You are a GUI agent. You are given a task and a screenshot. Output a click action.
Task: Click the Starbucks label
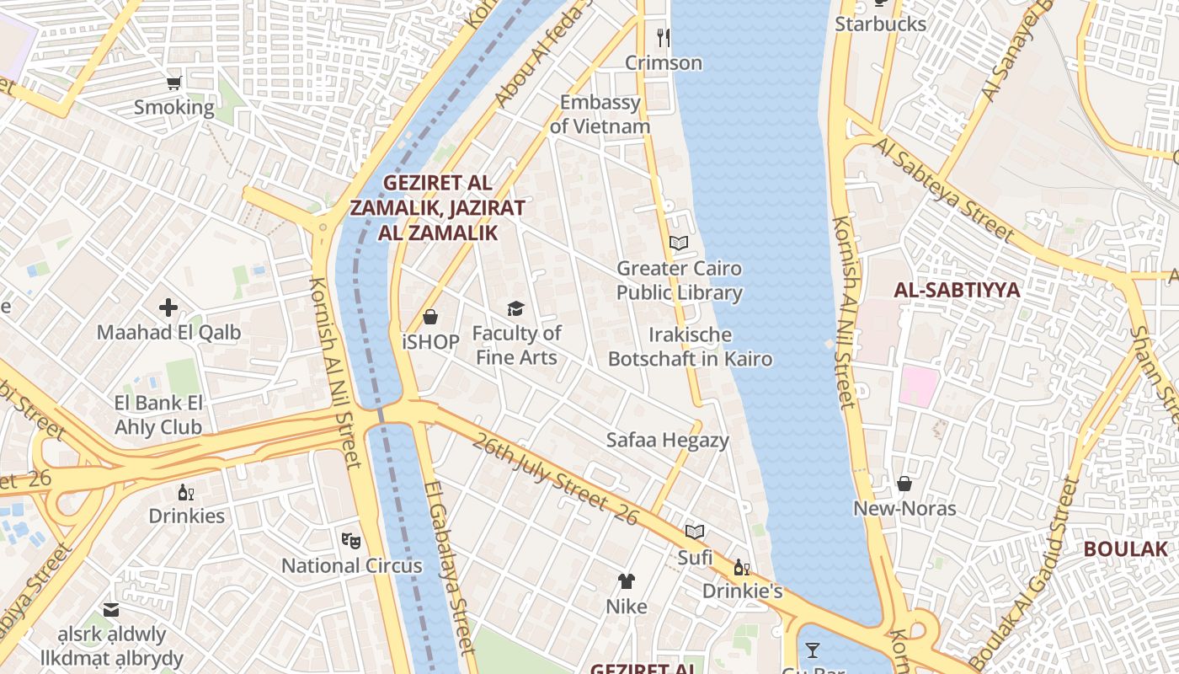click(x=880, y=24)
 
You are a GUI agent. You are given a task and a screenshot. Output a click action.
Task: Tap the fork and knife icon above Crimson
click(x=664, y=37)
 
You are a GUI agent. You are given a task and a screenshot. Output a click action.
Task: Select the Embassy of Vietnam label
click(x=600, y=115)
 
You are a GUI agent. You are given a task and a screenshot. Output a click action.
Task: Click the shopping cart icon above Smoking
click(x=174, y=83)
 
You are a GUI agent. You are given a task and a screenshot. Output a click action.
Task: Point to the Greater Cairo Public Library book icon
click(x=679, y=243)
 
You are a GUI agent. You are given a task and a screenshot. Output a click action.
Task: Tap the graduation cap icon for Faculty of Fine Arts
click(x=515, y=308)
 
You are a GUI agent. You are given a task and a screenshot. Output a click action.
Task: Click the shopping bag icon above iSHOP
click(x=430, y=317)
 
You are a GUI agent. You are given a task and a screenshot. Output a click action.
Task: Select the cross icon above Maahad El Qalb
click(x=168, y=308)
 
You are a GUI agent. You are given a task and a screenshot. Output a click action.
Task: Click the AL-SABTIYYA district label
click(x=956, y=291)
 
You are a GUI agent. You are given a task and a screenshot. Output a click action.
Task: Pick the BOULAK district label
click(x=1125, y=549)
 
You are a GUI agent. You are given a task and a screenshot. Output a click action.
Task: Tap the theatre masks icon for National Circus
click(x=351, y=539)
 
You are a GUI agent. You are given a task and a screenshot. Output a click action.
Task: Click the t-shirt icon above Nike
click(x=627, y=580)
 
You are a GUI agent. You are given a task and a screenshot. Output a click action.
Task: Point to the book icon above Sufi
click(x=695, y=532)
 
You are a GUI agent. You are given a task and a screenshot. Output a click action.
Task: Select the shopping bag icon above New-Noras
click(x=904, y=484)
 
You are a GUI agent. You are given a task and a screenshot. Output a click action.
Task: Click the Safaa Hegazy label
click(x=668, y=440)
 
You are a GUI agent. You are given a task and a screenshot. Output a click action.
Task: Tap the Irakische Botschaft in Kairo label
click(x=690, y=347)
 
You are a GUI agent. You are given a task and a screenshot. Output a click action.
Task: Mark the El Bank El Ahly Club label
click(x=158, y=415)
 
